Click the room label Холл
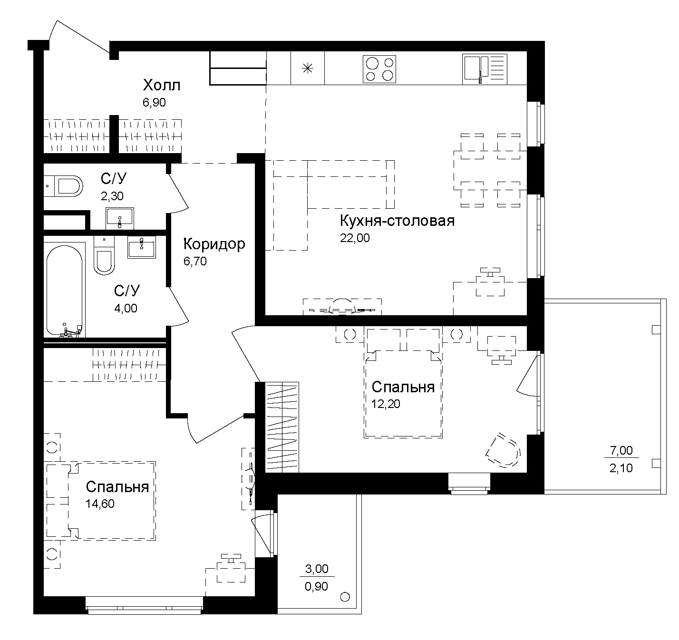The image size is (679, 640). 162,86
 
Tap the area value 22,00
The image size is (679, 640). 354,238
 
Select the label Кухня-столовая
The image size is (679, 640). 397,221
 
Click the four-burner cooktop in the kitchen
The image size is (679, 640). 379,69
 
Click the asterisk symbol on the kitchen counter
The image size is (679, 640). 308,68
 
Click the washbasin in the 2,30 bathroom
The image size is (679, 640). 120,218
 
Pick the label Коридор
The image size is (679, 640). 214,244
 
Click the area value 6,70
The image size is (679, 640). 195,261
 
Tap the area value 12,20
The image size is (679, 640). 386,404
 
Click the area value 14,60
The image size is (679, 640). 100,504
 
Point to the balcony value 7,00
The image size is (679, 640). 621,450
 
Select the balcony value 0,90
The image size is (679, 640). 316,587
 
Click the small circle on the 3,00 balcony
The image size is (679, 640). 345,597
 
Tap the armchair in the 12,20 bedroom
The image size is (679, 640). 504,451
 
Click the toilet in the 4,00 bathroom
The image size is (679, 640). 104,256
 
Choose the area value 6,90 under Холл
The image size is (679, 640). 154,103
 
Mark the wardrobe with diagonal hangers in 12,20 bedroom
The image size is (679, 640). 282,427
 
